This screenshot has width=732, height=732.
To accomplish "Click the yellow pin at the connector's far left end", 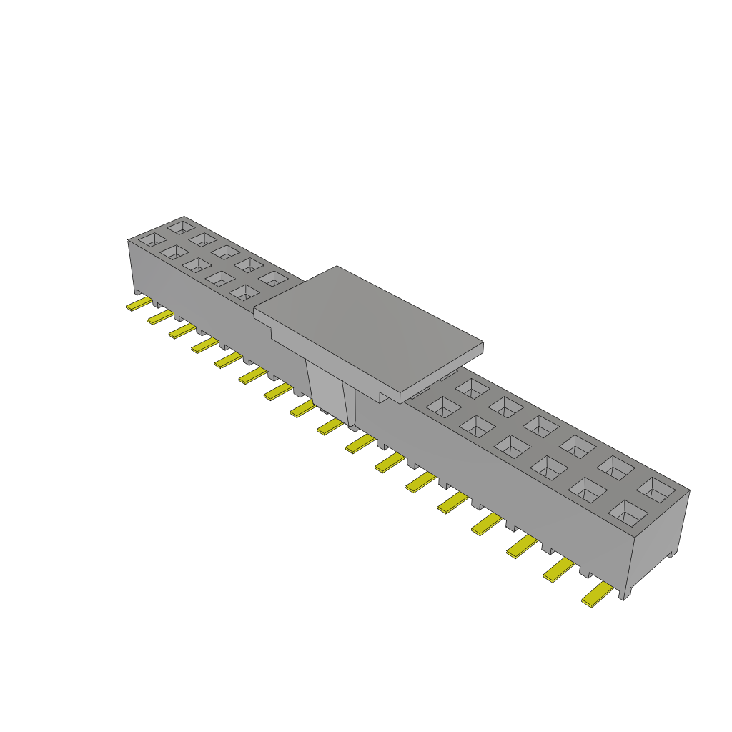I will (138, 305).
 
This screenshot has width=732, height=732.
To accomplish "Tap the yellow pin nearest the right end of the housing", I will (598, 595).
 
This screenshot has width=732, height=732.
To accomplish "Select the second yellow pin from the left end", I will (160, 317).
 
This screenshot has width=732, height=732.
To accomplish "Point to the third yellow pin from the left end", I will (182, 330).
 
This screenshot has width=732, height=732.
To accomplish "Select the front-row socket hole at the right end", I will (627, 513).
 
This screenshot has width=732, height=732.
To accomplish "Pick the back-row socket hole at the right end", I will (656, 489).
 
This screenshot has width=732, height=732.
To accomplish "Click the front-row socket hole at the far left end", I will (152, 240).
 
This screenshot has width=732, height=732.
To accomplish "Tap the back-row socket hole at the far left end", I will (179, 227).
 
